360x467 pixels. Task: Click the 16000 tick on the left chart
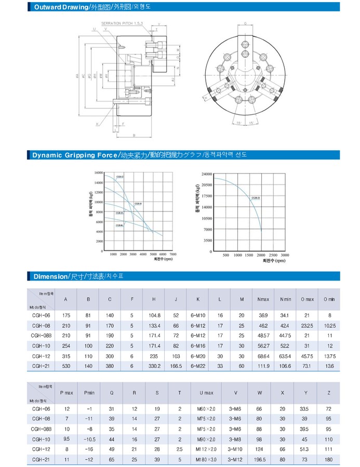pos(98,172)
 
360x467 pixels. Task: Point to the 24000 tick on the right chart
pos(207,174)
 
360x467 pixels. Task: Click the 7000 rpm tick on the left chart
pos(173,255)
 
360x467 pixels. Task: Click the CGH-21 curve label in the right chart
pos(255,198)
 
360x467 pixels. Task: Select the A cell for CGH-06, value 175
pos(65,315)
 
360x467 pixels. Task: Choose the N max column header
pos(262,299)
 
